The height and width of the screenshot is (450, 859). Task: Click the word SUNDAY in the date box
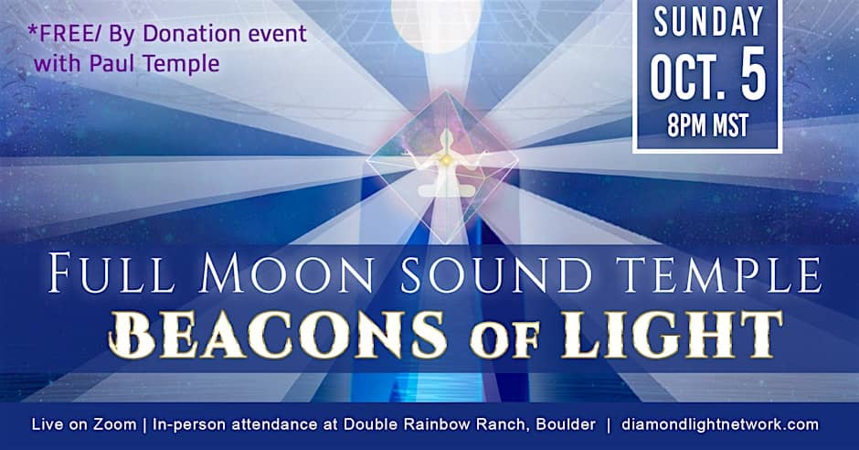coord(708,23)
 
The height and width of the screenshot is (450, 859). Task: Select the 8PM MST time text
coord(708,126)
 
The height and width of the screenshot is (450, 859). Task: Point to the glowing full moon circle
coord(437,25)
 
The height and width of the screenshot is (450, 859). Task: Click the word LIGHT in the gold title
coord(672,335)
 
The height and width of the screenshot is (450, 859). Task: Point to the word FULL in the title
coord(111,273)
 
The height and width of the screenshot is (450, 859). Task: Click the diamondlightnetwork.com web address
coord(720,424)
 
